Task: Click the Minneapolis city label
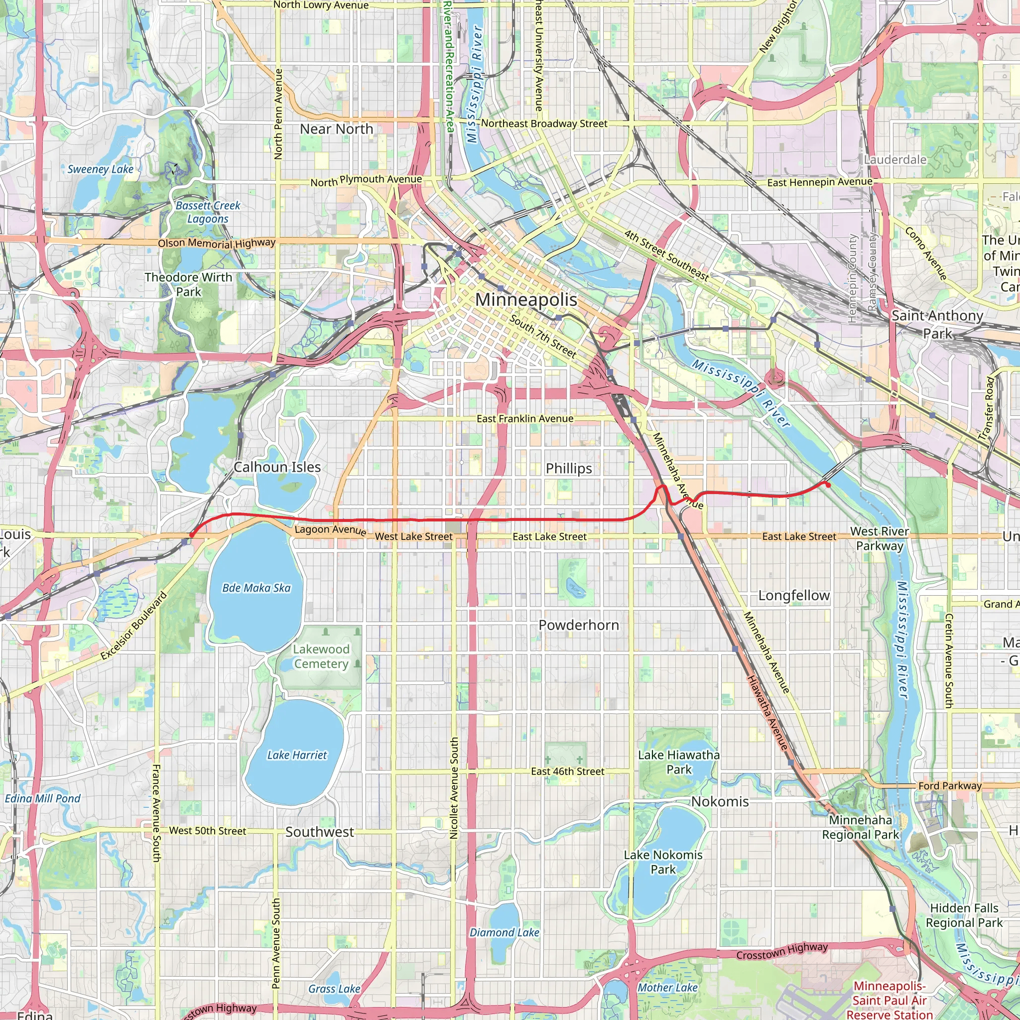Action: [x=526, y=299]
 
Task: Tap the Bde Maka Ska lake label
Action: [x=256, y=588]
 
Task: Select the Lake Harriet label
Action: [x=297, y=755]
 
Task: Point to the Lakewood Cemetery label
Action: [x=321, y=656]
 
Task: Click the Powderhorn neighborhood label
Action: [x=579, y=625]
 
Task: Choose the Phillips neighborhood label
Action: [x=569, y=468]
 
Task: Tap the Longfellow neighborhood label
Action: [x=793, y=595]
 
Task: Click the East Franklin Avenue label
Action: [x=525, y=419]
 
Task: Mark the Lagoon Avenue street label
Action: [x=331, y=529]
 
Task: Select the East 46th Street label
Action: [x=568, y=771]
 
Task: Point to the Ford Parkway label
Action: [x=950, y=785]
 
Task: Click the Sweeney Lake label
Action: [x=100, y=169]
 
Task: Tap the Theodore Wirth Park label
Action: [x=188, y=284]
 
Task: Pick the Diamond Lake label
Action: [x=504, y=932]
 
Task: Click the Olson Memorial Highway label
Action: [x=217, y=244]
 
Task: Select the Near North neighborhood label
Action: [x=336, y=129]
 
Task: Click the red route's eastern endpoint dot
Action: [x=828, y=485]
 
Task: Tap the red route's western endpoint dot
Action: [x=192, y=535]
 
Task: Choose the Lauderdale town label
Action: [x=895, y=159]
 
